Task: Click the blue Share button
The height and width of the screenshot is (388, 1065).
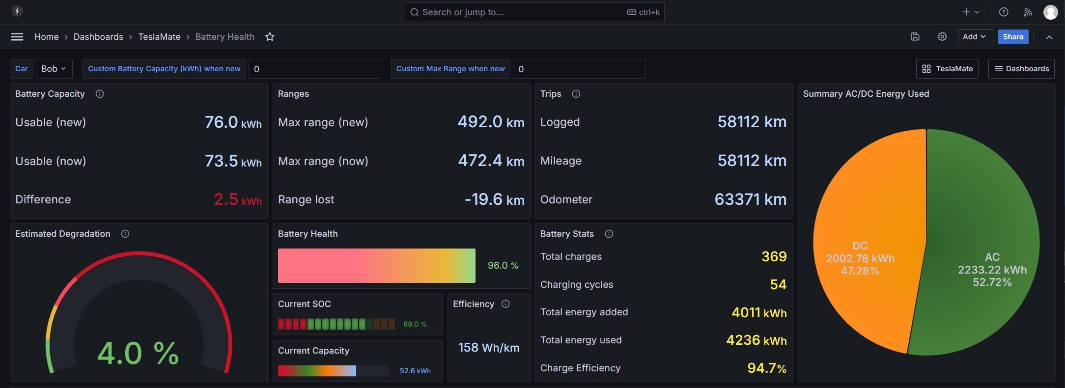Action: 1013,37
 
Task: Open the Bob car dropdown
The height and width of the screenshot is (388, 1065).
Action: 54,69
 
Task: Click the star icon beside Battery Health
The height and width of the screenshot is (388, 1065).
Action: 270,37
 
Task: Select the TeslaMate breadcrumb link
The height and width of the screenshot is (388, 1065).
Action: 159,37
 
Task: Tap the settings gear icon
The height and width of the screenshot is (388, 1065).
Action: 942,37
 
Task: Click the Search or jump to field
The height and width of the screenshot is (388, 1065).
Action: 534,12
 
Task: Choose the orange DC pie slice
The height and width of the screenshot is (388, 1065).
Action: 865,241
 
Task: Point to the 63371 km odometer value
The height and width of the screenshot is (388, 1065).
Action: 750,199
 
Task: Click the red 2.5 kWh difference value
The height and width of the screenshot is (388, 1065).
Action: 238,199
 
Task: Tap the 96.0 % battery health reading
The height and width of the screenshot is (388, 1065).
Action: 503,266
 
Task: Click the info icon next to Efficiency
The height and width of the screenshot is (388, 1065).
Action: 505,304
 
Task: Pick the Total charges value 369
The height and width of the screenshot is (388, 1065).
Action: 774,256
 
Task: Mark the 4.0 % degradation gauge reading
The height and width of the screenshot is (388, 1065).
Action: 138,353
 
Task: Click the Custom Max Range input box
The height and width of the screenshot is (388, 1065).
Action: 579,69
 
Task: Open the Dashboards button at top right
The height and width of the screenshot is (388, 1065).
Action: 1021,69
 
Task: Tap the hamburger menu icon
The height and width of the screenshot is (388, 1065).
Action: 17,37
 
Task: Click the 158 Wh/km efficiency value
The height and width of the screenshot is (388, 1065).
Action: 489,348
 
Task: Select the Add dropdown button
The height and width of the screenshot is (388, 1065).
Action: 975,37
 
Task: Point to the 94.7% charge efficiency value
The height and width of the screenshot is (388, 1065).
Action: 767,368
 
